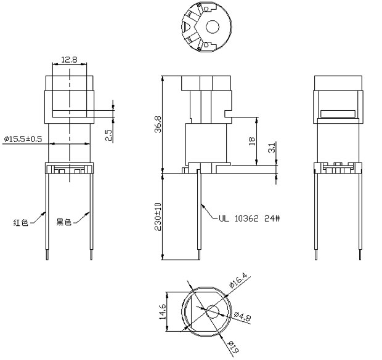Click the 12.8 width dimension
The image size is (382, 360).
click(69, 60)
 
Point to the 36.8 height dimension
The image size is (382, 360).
click(158, 124)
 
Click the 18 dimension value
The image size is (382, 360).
click(251, 141)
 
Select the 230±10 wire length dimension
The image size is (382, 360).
click(158, 217)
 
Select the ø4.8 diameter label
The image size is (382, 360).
click(243, 316)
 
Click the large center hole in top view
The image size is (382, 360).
click(213, 27)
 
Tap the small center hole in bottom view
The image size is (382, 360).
click(212, 311)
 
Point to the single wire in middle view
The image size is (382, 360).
click(201, 215)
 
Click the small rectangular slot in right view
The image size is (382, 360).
click(337, 113)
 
